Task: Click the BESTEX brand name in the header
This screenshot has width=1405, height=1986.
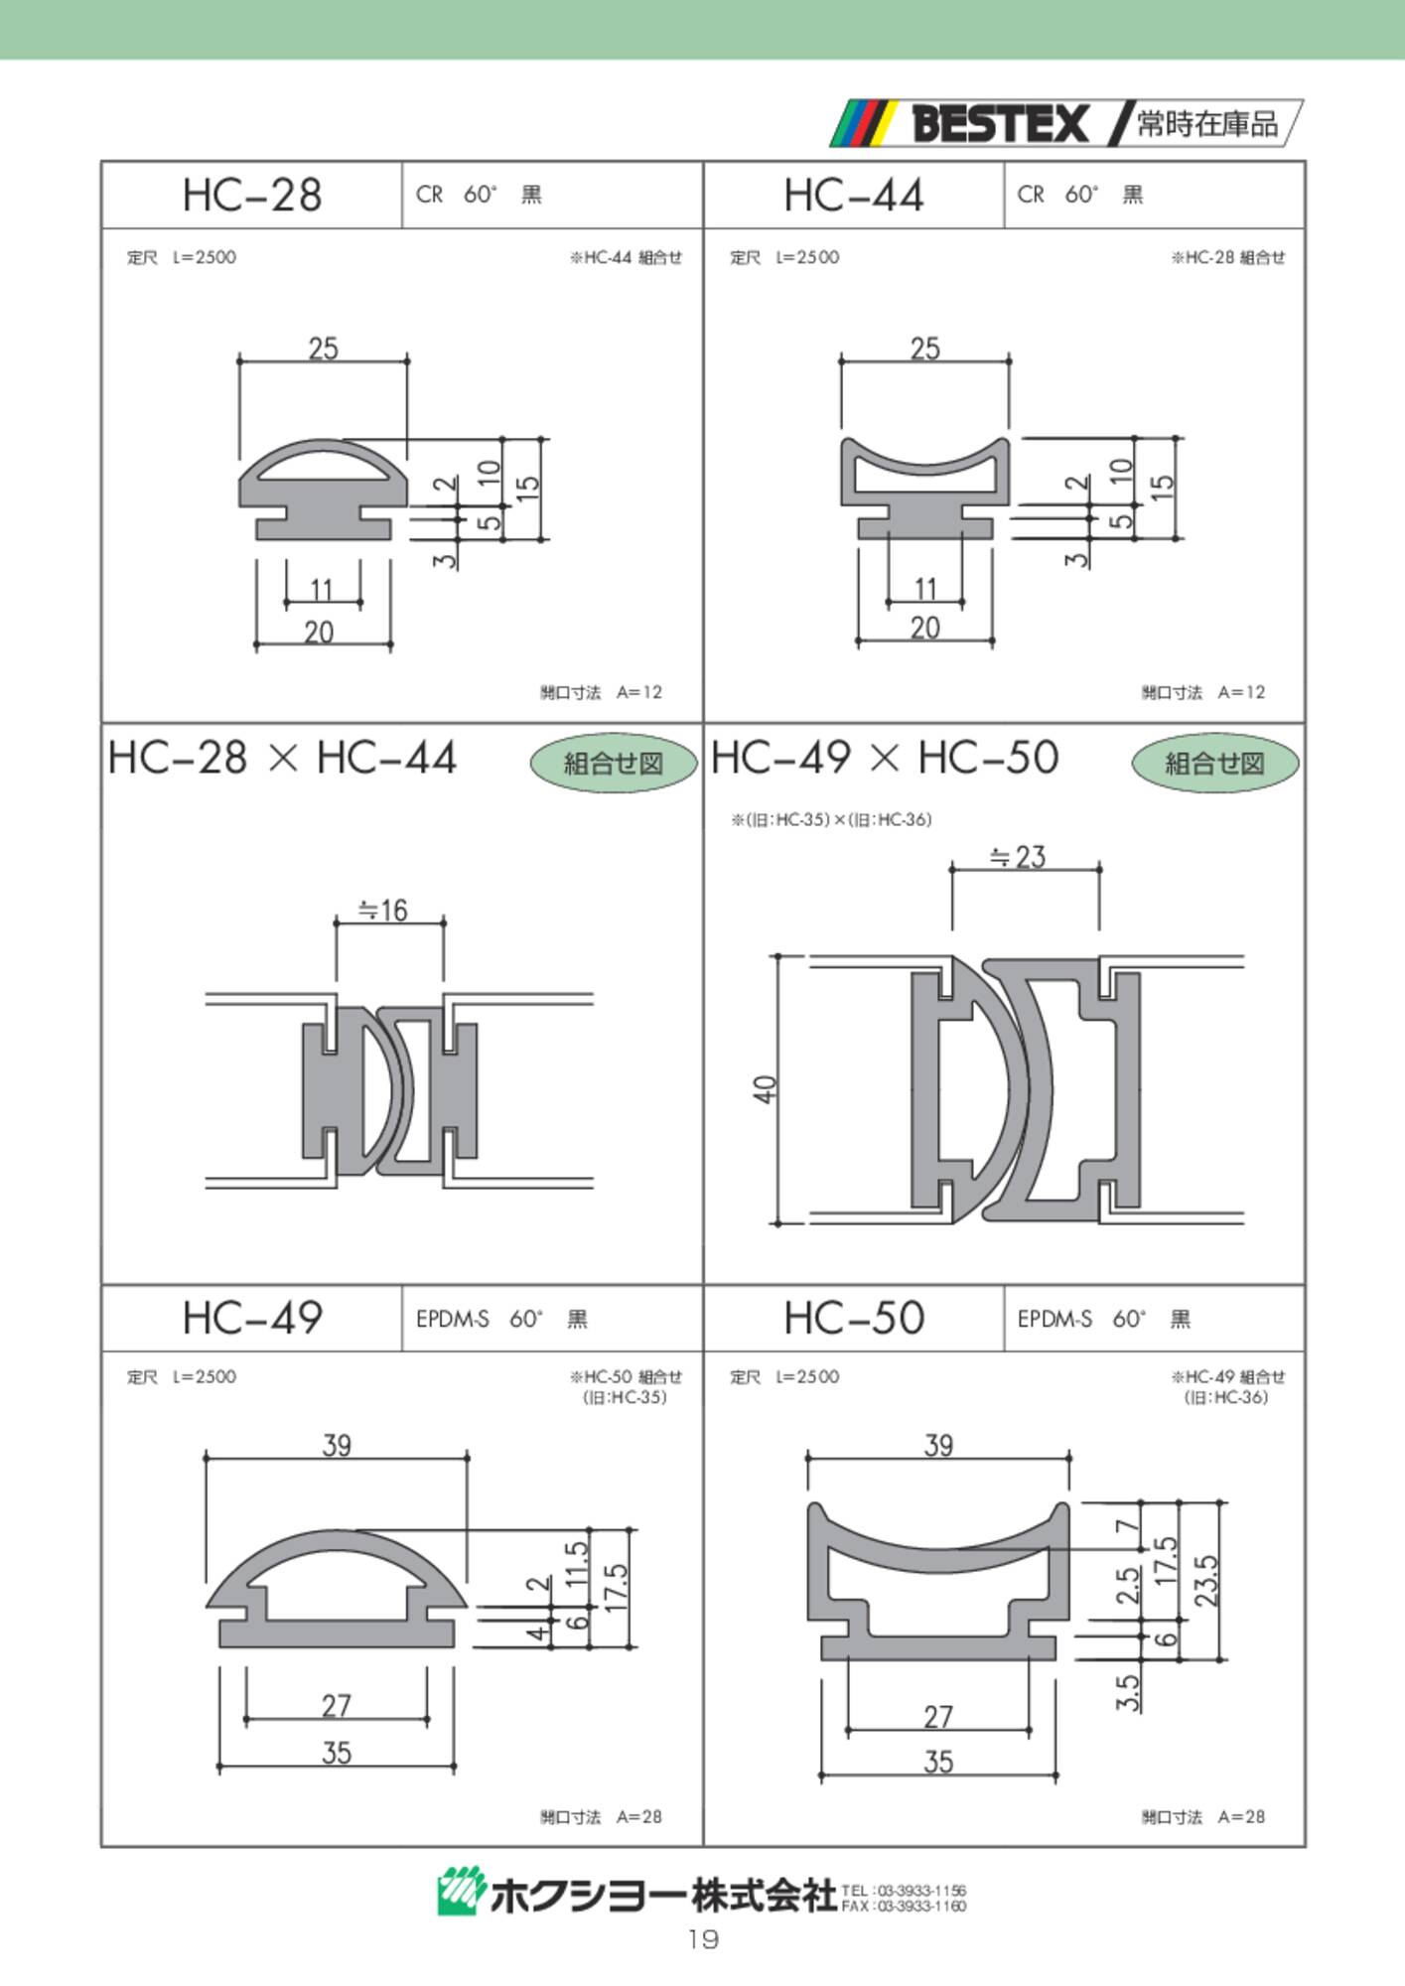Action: point(1000,124)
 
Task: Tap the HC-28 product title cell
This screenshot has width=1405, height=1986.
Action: point(252,195)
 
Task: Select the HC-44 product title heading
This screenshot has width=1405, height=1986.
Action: point(854,195)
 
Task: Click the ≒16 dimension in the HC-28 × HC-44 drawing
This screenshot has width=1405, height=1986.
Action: point(383,910)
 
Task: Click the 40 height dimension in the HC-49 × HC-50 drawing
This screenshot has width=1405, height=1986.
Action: point(765,1088)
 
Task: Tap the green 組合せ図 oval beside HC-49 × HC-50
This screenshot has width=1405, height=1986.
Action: point(1214,763)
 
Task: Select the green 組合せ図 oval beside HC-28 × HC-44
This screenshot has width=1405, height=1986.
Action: point(614,763)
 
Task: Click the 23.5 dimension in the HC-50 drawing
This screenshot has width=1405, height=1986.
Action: point(1205,1580)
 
